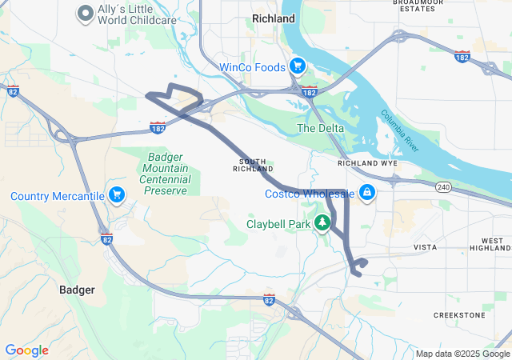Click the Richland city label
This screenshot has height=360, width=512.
[273, 18]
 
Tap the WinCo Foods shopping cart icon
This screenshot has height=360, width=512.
[297, 66]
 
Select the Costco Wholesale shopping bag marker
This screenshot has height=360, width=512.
[366, 193]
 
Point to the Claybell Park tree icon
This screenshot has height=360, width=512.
[323, 223]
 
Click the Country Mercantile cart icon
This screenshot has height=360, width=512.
[118, 194]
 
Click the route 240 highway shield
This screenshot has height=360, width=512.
[443, 186]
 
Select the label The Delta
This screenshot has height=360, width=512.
[320, 128]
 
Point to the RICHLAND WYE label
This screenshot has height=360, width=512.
[367, 162]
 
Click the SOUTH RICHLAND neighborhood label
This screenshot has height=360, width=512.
[253, 165]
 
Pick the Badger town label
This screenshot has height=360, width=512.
[78, 290]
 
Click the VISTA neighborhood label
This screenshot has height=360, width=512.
[424, 248]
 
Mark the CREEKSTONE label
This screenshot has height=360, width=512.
[459, 315]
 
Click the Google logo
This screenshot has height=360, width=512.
[26, 350]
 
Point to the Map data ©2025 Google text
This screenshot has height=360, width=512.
[462, 354]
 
